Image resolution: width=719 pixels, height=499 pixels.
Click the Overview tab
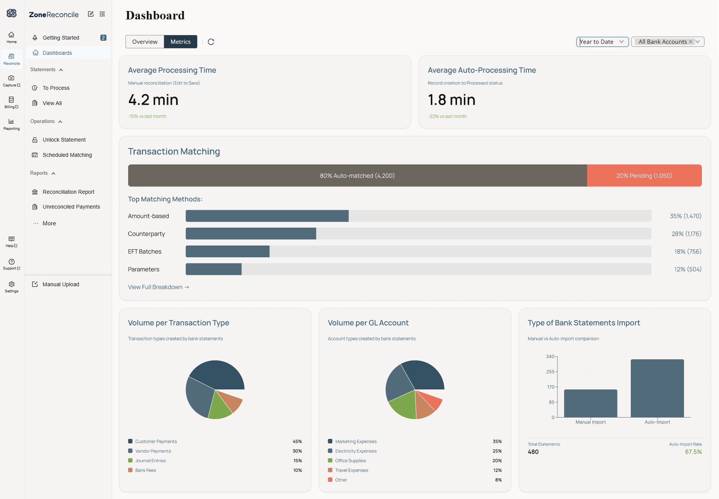pos(145,42)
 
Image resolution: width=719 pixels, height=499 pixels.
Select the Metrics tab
pos(181,42)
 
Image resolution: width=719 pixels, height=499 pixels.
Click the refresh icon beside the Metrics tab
pos(211,42)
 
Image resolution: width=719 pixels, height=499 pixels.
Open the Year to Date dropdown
pos(602,42)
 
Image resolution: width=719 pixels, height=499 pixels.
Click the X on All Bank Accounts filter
pos(690,42)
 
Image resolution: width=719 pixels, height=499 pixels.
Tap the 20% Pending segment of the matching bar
pos(644,175)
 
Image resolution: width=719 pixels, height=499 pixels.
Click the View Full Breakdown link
pos(159,287)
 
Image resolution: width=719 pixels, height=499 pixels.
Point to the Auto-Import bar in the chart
pos(657,388)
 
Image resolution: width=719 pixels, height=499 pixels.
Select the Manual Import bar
pos(590,403)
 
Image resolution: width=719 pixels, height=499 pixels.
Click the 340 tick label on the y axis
pos(550,357)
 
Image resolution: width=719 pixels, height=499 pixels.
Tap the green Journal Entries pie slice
pos(219,407)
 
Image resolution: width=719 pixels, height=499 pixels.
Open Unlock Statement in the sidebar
pos(64,140)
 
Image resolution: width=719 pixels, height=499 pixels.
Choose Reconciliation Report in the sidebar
pos(68,192)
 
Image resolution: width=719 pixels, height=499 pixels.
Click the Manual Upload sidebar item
pos(61,284)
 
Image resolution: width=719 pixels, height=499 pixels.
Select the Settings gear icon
pos(11,284)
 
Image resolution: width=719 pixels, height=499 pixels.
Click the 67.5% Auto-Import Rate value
pos(694,452)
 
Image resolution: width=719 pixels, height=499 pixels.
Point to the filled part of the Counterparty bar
pos(251,234)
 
